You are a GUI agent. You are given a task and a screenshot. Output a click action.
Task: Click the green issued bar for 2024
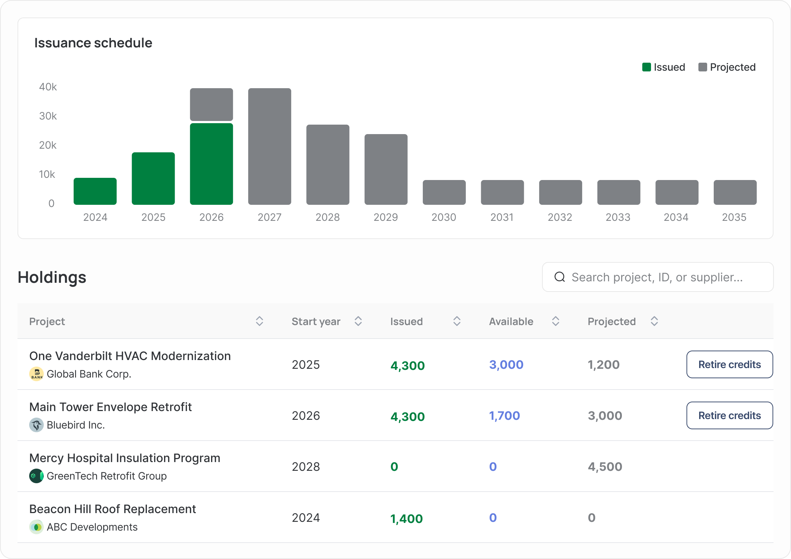95,191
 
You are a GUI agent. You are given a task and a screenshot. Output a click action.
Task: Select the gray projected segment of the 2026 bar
211,104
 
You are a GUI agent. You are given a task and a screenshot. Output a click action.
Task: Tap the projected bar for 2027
270,146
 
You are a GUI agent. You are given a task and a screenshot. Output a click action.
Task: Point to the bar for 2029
386,169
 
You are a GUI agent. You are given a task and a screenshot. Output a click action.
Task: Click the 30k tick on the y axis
48,116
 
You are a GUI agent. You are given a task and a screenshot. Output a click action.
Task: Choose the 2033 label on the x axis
618,217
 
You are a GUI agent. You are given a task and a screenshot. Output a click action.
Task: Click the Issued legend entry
663,67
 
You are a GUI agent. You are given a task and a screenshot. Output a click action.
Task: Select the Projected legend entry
727,67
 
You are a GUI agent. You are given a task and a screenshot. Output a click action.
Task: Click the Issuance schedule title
93,43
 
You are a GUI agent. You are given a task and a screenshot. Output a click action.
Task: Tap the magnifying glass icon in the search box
560,277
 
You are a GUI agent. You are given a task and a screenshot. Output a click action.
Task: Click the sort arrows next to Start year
358,321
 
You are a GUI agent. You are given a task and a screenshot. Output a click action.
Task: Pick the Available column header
511,321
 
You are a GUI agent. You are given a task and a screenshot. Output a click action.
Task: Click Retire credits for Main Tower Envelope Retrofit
730,415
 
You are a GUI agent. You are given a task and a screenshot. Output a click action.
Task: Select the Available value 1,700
504,415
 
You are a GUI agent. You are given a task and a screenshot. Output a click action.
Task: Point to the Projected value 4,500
605,466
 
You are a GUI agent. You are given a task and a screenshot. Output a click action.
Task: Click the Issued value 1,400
406,518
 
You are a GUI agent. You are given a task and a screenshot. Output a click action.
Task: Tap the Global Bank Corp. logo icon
36,374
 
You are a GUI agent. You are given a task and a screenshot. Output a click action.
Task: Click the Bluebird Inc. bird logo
36,425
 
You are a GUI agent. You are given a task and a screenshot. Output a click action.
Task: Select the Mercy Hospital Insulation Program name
125,458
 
